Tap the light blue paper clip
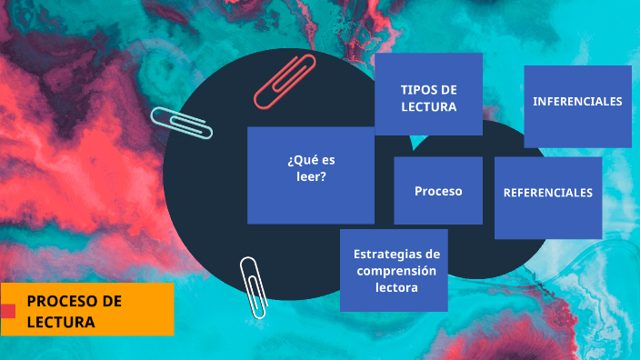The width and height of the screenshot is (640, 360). (182, 123)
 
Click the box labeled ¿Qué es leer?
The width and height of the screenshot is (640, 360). (311, 175)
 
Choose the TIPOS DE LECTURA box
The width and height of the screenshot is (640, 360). (428, 94)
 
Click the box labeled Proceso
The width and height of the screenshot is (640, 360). (438, 191)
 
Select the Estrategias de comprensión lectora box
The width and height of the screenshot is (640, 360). (394, 270)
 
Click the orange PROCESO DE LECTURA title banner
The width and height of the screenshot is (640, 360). (87, 309)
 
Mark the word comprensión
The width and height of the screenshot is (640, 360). (396, 270)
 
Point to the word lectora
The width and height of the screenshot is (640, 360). (396, 287)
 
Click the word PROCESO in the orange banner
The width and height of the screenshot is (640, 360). (62, 301)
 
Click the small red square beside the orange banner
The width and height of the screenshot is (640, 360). (8, 311)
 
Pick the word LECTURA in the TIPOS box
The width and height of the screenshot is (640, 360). (428, 106)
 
